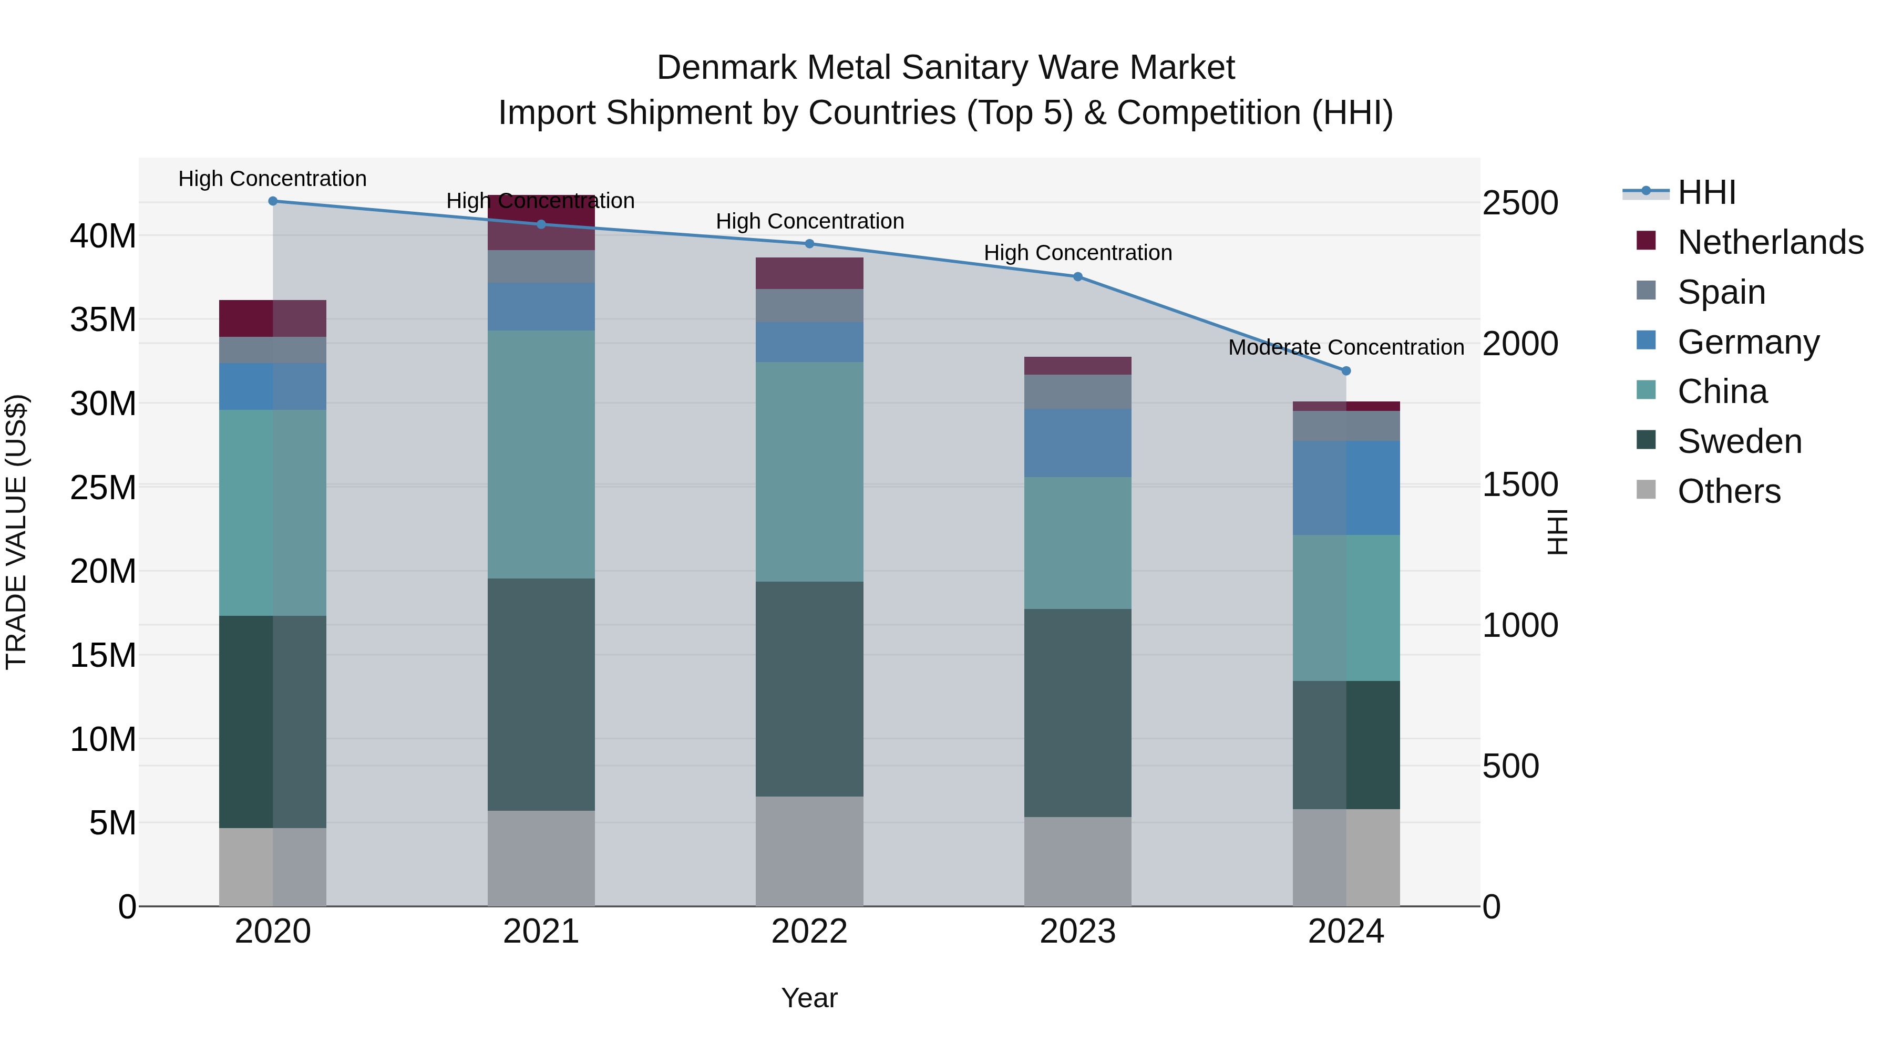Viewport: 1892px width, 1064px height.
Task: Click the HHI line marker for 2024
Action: click(x=1345, y=371)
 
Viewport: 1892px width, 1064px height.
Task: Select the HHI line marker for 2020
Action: click(x=272, y=201)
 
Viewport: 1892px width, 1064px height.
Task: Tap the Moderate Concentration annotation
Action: click(x=1345, y=347)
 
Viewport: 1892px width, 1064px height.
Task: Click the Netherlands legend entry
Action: click(x=1770, y=242)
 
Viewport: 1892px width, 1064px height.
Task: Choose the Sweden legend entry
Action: click(x=1739, y=441)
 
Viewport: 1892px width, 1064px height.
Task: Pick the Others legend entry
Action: click(x=1729, y=491)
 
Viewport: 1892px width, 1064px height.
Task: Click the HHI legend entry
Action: click(x=1706, y=192)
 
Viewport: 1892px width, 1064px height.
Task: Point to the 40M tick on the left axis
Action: click(x=103, y=236)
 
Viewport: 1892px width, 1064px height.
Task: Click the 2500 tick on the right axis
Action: click(x=1519, y=203)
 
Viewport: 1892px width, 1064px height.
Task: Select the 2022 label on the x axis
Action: click(x=809, y=932)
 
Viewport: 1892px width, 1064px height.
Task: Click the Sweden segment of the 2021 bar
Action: click(x=541, y=694)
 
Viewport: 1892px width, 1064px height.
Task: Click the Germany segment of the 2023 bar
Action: click(x=1077, y=443)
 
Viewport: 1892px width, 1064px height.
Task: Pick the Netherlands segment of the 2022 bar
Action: click(x=809, y=273)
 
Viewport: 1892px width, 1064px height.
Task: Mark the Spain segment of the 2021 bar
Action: click(x=541, y=266)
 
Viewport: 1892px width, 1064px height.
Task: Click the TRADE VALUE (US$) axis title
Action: click(x=16, y=532)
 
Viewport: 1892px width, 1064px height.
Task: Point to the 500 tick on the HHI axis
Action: click(x=1510, y=766)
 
